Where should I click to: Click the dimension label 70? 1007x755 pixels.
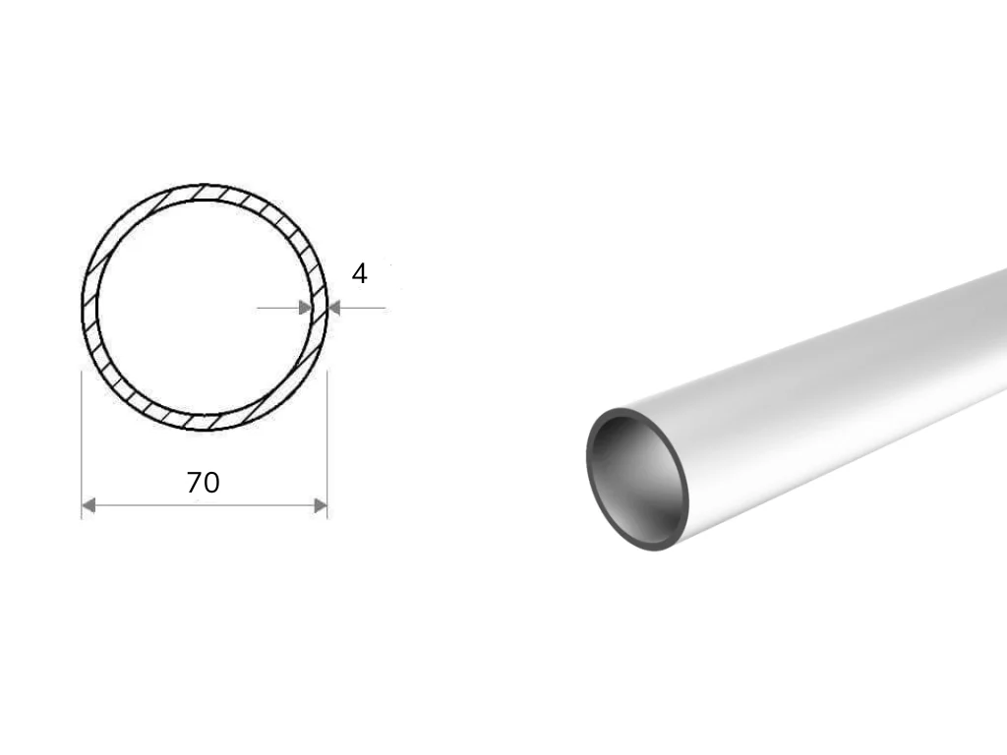click(x=203, y=483)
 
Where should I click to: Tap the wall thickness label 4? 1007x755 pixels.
click(x=359, y=274)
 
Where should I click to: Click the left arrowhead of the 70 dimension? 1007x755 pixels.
click(x=89, y=506)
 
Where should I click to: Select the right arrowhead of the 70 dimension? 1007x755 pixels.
click(x=320, y=506)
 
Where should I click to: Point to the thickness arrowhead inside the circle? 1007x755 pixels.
click(x=305, y=308)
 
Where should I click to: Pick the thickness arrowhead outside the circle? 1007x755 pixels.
click(x=334, y=308)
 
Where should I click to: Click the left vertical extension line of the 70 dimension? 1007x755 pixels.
click(x=82, y=444)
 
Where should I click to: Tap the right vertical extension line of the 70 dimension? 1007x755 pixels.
click(x=327, y=444)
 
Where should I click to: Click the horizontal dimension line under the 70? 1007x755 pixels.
click(x=205, y=506)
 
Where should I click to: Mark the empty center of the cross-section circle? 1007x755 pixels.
click(x=205, y=308)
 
